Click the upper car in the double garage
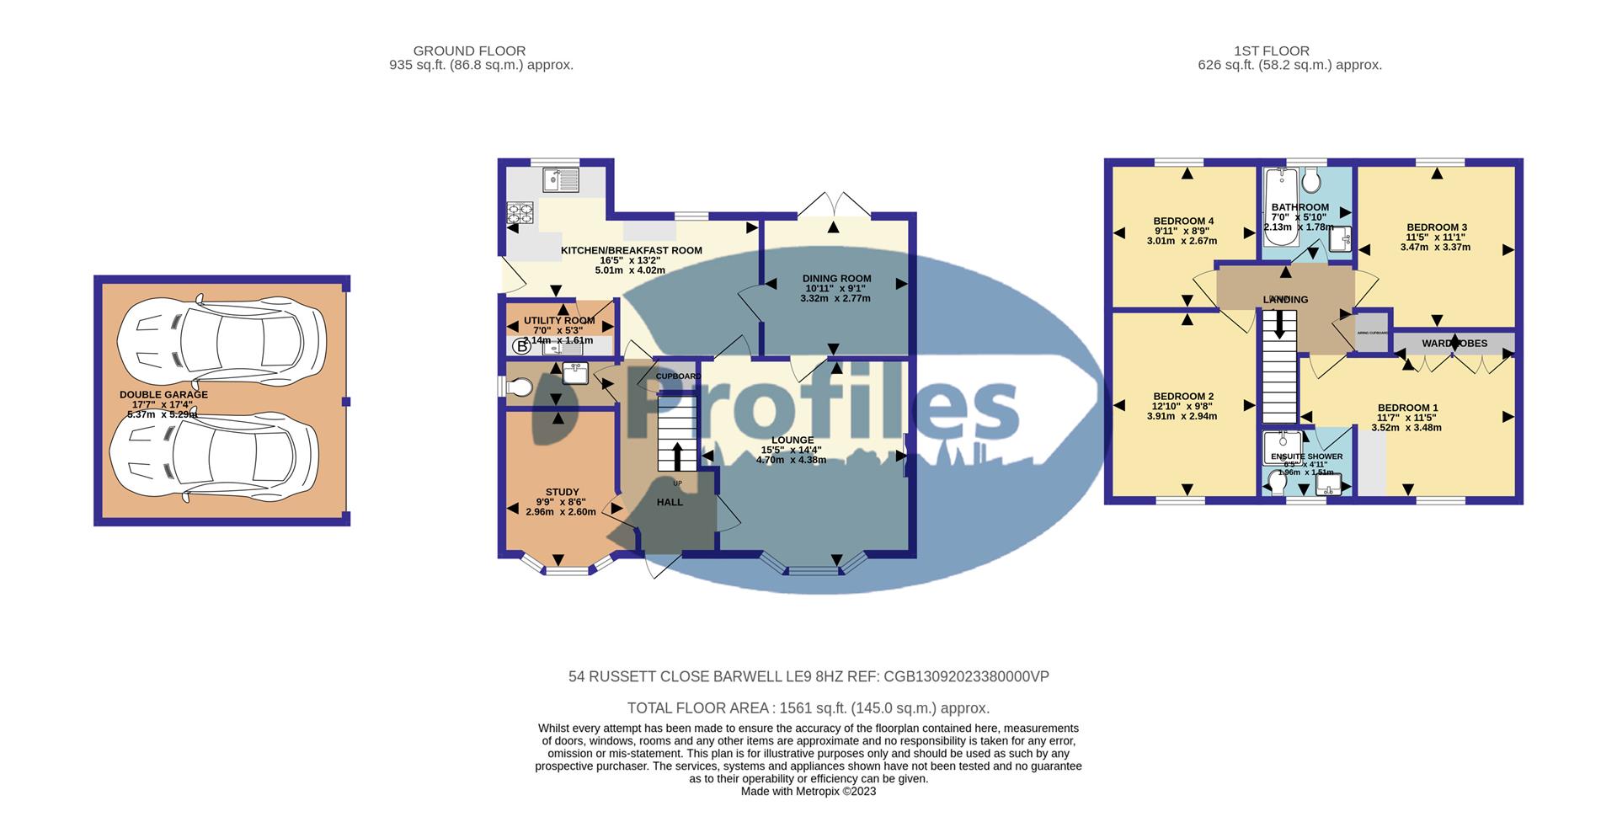click(221, 336)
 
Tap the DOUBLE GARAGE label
click(163, 394)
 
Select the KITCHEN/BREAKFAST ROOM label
click(632, 250)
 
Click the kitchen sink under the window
click(561, 179)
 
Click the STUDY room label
click(562, 492)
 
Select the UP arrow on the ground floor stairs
click(677, 456)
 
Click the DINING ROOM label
click(836, 278)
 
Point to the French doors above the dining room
click(833, 204)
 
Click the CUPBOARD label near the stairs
click(678, 376)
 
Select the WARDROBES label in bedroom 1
click(1454, 344)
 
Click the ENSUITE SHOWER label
click(1306, 456)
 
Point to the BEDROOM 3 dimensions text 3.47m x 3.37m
click(1436, 247)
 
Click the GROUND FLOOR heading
click(469, 51)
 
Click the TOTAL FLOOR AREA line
click(808, 708)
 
